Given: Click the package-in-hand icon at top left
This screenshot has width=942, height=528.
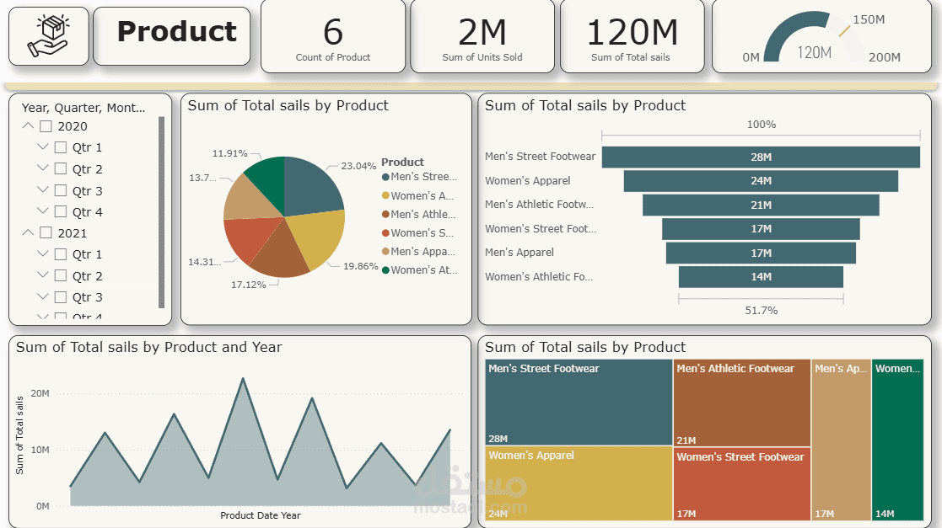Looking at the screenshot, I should [x=48, y=36].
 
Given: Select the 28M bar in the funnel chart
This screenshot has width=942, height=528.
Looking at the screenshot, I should [x=761, y=157].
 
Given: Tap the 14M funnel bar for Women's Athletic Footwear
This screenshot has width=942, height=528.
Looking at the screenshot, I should [x=761, y=277].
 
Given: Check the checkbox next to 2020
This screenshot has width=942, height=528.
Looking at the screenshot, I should [x=46, y=126].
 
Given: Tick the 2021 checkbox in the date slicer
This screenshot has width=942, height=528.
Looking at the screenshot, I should [x=46, y=233].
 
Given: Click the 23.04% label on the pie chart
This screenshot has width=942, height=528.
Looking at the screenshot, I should [x=358, y=167].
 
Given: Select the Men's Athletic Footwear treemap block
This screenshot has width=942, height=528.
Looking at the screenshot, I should [x=742, y=403].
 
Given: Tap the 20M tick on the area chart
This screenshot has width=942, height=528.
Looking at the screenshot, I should [x=39, y=393].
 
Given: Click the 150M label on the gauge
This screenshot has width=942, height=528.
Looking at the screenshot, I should [x=869, y=19].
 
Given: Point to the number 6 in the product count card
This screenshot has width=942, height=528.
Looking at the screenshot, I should [x=333, y=32].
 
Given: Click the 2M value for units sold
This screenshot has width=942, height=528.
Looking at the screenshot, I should [x=482, y=32].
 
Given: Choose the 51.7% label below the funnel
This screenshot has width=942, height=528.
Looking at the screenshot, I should [x=761, y=311].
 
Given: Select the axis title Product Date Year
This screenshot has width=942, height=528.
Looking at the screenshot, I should [x=260, y=515].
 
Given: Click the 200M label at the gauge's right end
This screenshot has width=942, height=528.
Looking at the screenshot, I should [x=885, y=57].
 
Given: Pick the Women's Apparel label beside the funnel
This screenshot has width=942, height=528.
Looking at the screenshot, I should [x=528, y=181].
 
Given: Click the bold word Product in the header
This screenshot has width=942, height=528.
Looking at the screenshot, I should [x=176, y=32].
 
